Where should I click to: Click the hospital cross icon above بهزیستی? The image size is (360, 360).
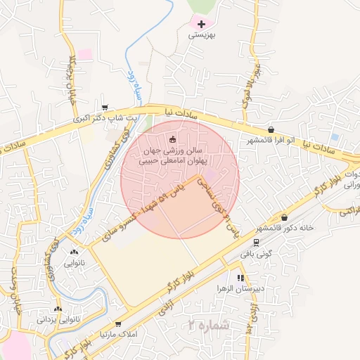pyautogui.click(x=202, y=24)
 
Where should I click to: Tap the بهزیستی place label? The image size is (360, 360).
pyautogui.click(x=202, y=34)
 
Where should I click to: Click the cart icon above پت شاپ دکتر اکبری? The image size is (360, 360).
pyautogui.click(x=105, y=108)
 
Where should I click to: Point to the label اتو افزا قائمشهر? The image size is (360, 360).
pyautogui.click(x=271, y=140)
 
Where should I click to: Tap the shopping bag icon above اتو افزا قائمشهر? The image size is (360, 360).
pyautogui.click(x=271, y=129)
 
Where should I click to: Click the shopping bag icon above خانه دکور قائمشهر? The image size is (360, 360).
pyautogui.click(x=284, y=217)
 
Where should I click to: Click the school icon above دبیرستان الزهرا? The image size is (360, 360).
pyautogui.click(x=240, y=278)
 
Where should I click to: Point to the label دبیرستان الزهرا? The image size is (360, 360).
pyautogui.click(x=240, y=288)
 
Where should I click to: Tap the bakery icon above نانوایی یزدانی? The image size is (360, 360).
pyautogui.click(x=58, y=309)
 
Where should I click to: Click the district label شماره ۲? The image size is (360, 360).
pyautogui.click(x=209, y=325)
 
